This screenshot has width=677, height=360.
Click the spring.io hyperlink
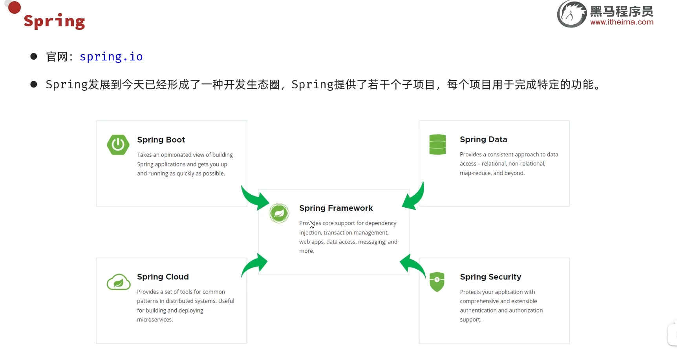[111, 57]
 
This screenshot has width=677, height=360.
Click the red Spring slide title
[54, 21]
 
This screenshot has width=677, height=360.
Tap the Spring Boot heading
[161, 140]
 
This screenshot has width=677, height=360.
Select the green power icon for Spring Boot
[118, 145]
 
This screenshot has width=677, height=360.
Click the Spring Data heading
[483, 139]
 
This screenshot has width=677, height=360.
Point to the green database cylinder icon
[437, 144]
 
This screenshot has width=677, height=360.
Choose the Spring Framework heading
[336, 208]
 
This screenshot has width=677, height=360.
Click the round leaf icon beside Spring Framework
[279, 213]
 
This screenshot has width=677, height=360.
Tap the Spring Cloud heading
[163, 277]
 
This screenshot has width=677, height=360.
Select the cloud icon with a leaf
[118, 282]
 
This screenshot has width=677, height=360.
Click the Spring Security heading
[490, 277]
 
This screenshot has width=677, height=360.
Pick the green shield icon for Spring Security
[437, 282]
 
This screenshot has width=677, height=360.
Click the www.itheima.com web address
[622, 22]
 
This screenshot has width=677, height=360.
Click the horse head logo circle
[572, 14]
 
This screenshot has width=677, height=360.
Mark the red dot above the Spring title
[15, 7]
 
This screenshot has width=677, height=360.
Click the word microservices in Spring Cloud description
[155, 320]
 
